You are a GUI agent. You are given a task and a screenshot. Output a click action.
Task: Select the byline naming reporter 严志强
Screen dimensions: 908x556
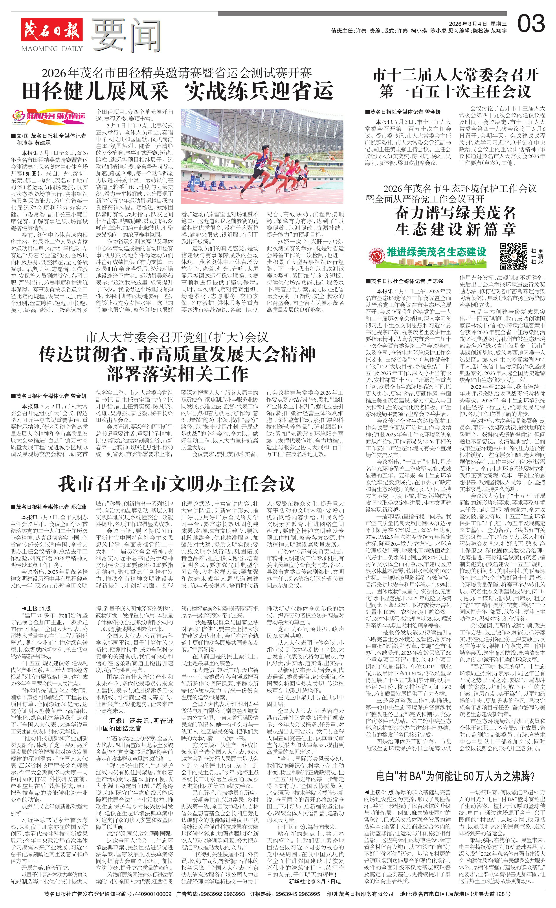pos(404,281)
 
